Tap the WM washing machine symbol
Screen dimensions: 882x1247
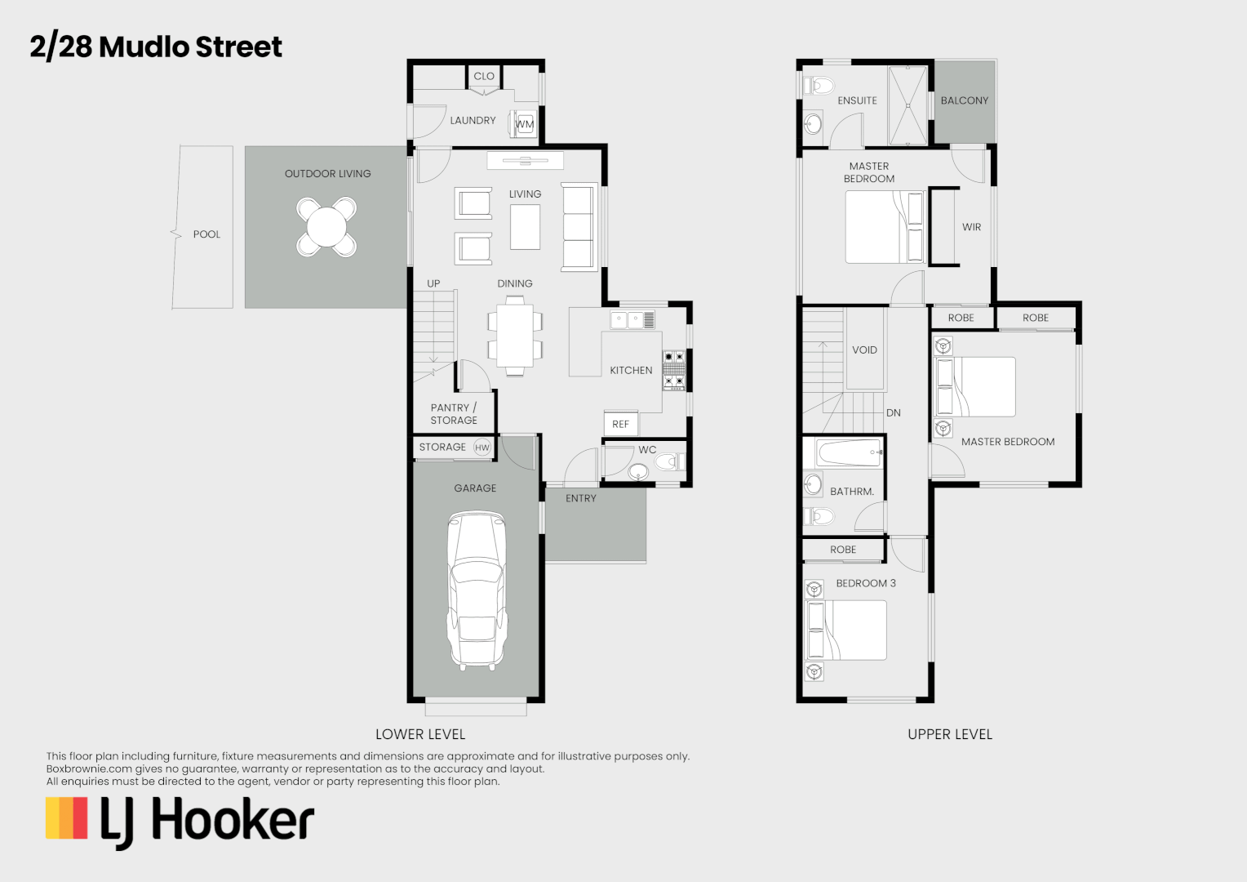point(524,124)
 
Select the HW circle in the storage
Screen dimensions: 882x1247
point(482,448)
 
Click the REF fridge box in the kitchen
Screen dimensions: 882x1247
point(621,424)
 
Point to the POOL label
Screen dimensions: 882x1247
point(206,234)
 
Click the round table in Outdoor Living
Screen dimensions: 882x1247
point(326,227)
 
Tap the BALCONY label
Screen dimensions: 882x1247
point(964,100)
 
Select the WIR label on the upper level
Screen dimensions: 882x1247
point(971,227)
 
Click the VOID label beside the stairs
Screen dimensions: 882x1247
point(864,350)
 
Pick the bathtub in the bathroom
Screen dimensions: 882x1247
point(850,452)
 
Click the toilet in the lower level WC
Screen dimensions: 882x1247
point(670,462)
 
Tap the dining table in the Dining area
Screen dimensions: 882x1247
point(515,336)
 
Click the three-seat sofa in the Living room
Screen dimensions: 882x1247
point(579,227)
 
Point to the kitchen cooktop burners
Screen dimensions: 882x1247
point(674,369)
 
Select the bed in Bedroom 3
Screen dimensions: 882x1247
point(847,630)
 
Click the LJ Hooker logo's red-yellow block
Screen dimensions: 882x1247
point(67,818)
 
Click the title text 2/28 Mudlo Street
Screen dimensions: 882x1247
point(156,47)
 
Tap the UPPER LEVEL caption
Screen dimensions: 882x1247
point(950,734)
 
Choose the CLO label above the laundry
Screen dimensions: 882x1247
point(484,76)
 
